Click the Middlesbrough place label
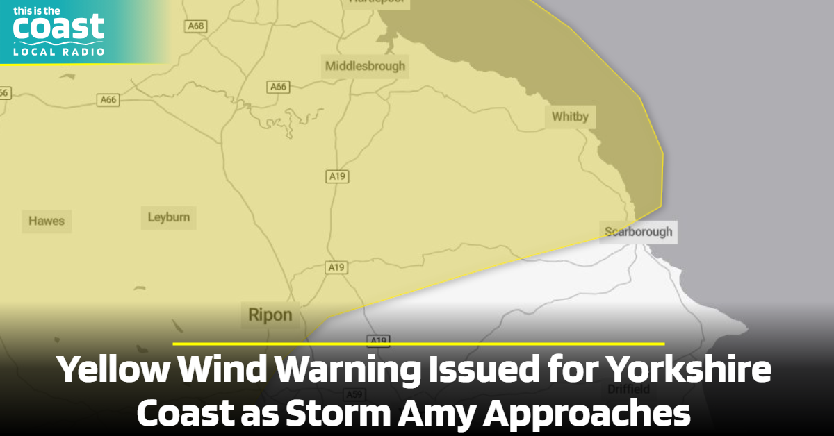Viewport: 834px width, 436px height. point(366,67)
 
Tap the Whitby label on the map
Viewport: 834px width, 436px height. point(569,117)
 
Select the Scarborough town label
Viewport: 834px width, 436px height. point(638,232)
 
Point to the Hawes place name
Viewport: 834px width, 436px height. point(47,221)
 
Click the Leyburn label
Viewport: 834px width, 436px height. point(168,217)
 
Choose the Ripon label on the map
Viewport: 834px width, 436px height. point(270,315)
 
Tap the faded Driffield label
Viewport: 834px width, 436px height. point(628,389)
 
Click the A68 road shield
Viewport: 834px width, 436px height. point(197,26)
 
